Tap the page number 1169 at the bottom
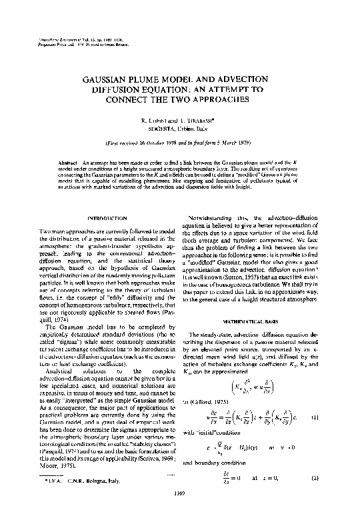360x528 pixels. click(180, 510)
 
